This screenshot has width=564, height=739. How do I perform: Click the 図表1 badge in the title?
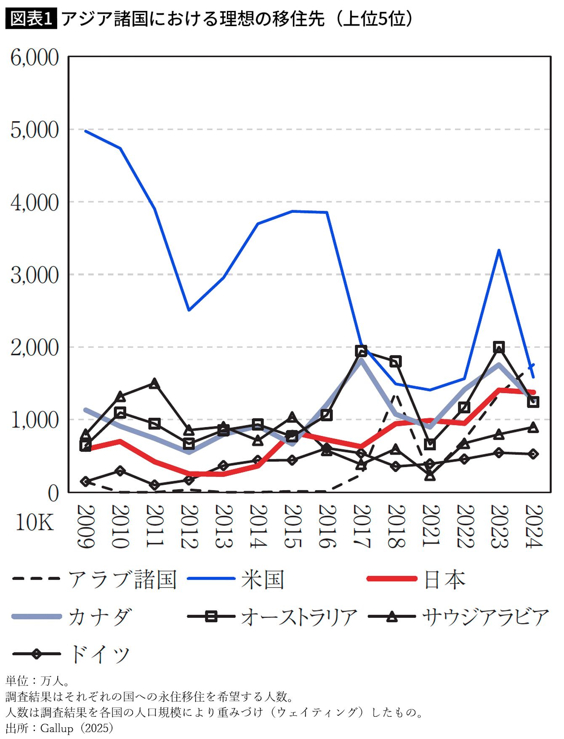[31, 19]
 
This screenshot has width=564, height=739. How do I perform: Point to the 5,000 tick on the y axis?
[35, 130]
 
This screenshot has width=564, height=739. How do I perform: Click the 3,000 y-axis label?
[35, 275]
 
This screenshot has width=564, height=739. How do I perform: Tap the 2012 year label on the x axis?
[189, 526]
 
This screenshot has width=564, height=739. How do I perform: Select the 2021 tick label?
[430, 526]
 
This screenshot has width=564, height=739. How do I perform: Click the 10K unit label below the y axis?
[35, 522]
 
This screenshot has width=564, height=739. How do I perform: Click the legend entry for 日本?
[417, 579]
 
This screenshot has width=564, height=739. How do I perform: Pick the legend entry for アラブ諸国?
[94, 579]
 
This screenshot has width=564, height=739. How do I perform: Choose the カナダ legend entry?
[72, 617]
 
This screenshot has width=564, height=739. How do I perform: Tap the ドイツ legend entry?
[71, 654]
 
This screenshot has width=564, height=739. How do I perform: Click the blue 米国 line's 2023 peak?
[499, 250]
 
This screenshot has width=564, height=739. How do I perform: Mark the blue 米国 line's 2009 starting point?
[85, 131]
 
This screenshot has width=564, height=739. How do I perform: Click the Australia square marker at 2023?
[499, 347]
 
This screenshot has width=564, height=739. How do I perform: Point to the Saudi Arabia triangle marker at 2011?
[154, 383]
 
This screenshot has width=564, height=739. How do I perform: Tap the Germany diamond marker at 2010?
[120, 471]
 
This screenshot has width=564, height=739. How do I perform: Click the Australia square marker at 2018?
[395, 361]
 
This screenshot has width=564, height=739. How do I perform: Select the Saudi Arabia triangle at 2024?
[533, 427]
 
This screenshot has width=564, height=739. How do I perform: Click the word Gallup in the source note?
[56, 728]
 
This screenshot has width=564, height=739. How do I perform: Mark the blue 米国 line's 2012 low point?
[189, 310]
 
